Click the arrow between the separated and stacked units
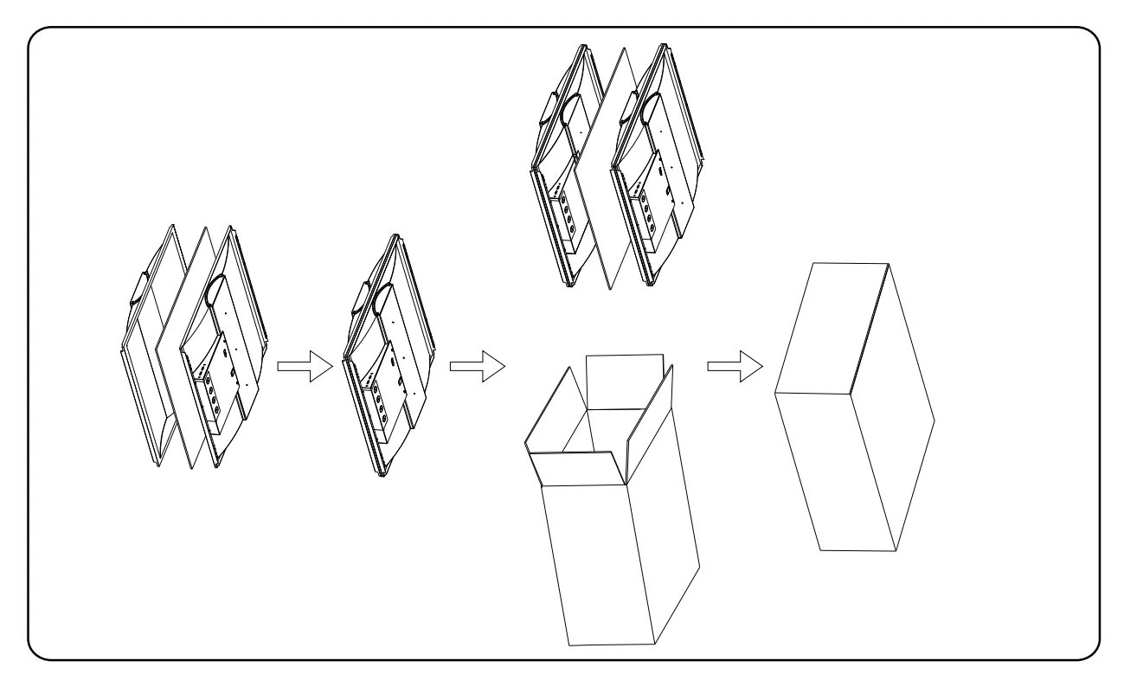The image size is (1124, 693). click(305, 366)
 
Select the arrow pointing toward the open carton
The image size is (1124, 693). click(478, 366)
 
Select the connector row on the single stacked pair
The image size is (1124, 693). click(376, 394)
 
